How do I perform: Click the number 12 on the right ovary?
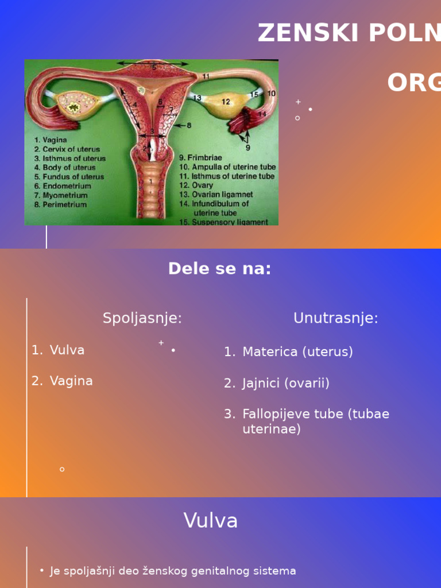click(x=226, y=102)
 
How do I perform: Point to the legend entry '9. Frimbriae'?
click(x=200, y=157)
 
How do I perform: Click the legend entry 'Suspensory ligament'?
click(x=230, y=222)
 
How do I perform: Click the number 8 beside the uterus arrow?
click(x=189, y=125)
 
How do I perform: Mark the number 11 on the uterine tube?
click(x=206, y=76)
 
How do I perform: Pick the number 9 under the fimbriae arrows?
click(x=248, y=148)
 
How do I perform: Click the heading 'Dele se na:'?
click(x=219, y=269)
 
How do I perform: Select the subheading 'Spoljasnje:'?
click(x=142, y=318)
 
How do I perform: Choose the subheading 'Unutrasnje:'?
click(x=335, y=318)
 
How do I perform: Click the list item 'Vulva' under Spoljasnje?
click(x=67, y=350)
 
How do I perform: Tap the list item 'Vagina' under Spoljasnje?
click(x=71, y=381)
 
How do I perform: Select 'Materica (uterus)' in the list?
click(x=297, y=352)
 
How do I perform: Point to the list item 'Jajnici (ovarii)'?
click(x=286, y=383)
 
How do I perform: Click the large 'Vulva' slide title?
click(x=211, y=521)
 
